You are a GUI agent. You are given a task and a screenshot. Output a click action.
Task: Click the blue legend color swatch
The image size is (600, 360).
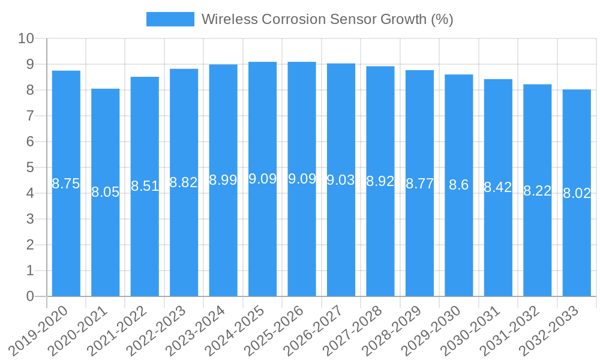point(170,19)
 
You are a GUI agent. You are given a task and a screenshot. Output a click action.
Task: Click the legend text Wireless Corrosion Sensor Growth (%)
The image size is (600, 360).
point(327,19)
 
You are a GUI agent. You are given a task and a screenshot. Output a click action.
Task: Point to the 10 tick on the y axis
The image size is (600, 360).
point(26,39)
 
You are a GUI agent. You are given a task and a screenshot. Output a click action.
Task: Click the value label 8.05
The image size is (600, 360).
point(106,192)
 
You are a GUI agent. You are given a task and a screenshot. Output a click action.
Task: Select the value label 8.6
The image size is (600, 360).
point(459,185)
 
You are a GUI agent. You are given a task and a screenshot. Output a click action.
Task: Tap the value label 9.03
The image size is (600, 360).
point(341,180)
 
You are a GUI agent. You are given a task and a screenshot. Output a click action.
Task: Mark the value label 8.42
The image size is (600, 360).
point(498,187)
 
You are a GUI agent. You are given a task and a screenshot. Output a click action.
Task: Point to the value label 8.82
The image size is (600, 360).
point(184,182)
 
